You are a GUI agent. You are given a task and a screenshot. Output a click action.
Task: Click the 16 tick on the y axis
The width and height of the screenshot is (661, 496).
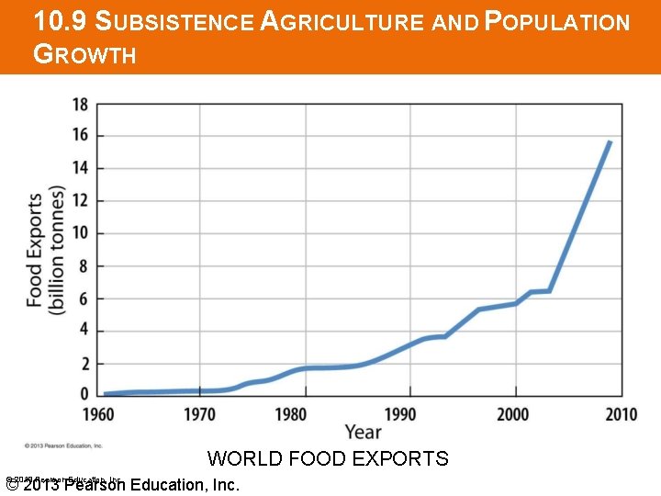pos(80,136)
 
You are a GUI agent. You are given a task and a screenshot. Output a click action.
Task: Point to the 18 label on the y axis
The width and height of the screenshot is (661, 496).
pos(80,104)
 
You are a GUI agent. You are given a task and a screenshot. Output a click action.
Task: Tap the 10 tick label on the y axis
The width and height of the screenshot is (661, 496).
pos(80,233)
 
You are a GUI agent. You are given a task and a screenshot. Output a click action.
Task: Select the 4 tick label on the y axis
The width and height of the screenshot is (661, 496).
pos(84,331)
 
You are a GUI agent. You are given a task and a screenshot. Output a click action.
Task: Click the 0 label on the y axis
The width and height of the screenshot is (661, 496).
pos(84,396)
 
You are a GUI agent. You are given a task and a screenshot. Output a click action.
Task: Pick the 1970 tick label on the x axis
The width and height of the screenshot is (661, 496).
pos(200,414)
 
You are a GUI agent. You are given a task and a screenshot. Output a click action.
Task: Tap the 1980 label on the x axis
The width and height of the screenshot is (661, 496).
pos(291,414)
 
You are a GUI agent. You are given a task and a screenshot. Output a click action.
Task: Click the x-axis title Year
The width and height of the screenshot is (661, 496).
pos(364,432)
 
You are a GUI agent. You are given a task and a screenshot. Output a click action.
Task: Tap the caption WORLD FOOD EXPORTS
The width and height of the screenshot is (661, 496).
pos(328,458)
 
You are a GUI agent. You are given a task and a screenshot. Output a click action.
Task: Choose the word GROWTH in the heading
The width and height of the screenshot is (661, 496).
pos(84,55)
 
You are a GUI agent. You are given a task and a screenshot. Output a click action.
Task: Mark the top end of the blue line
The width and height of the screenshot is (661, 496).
pos(609,142)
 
